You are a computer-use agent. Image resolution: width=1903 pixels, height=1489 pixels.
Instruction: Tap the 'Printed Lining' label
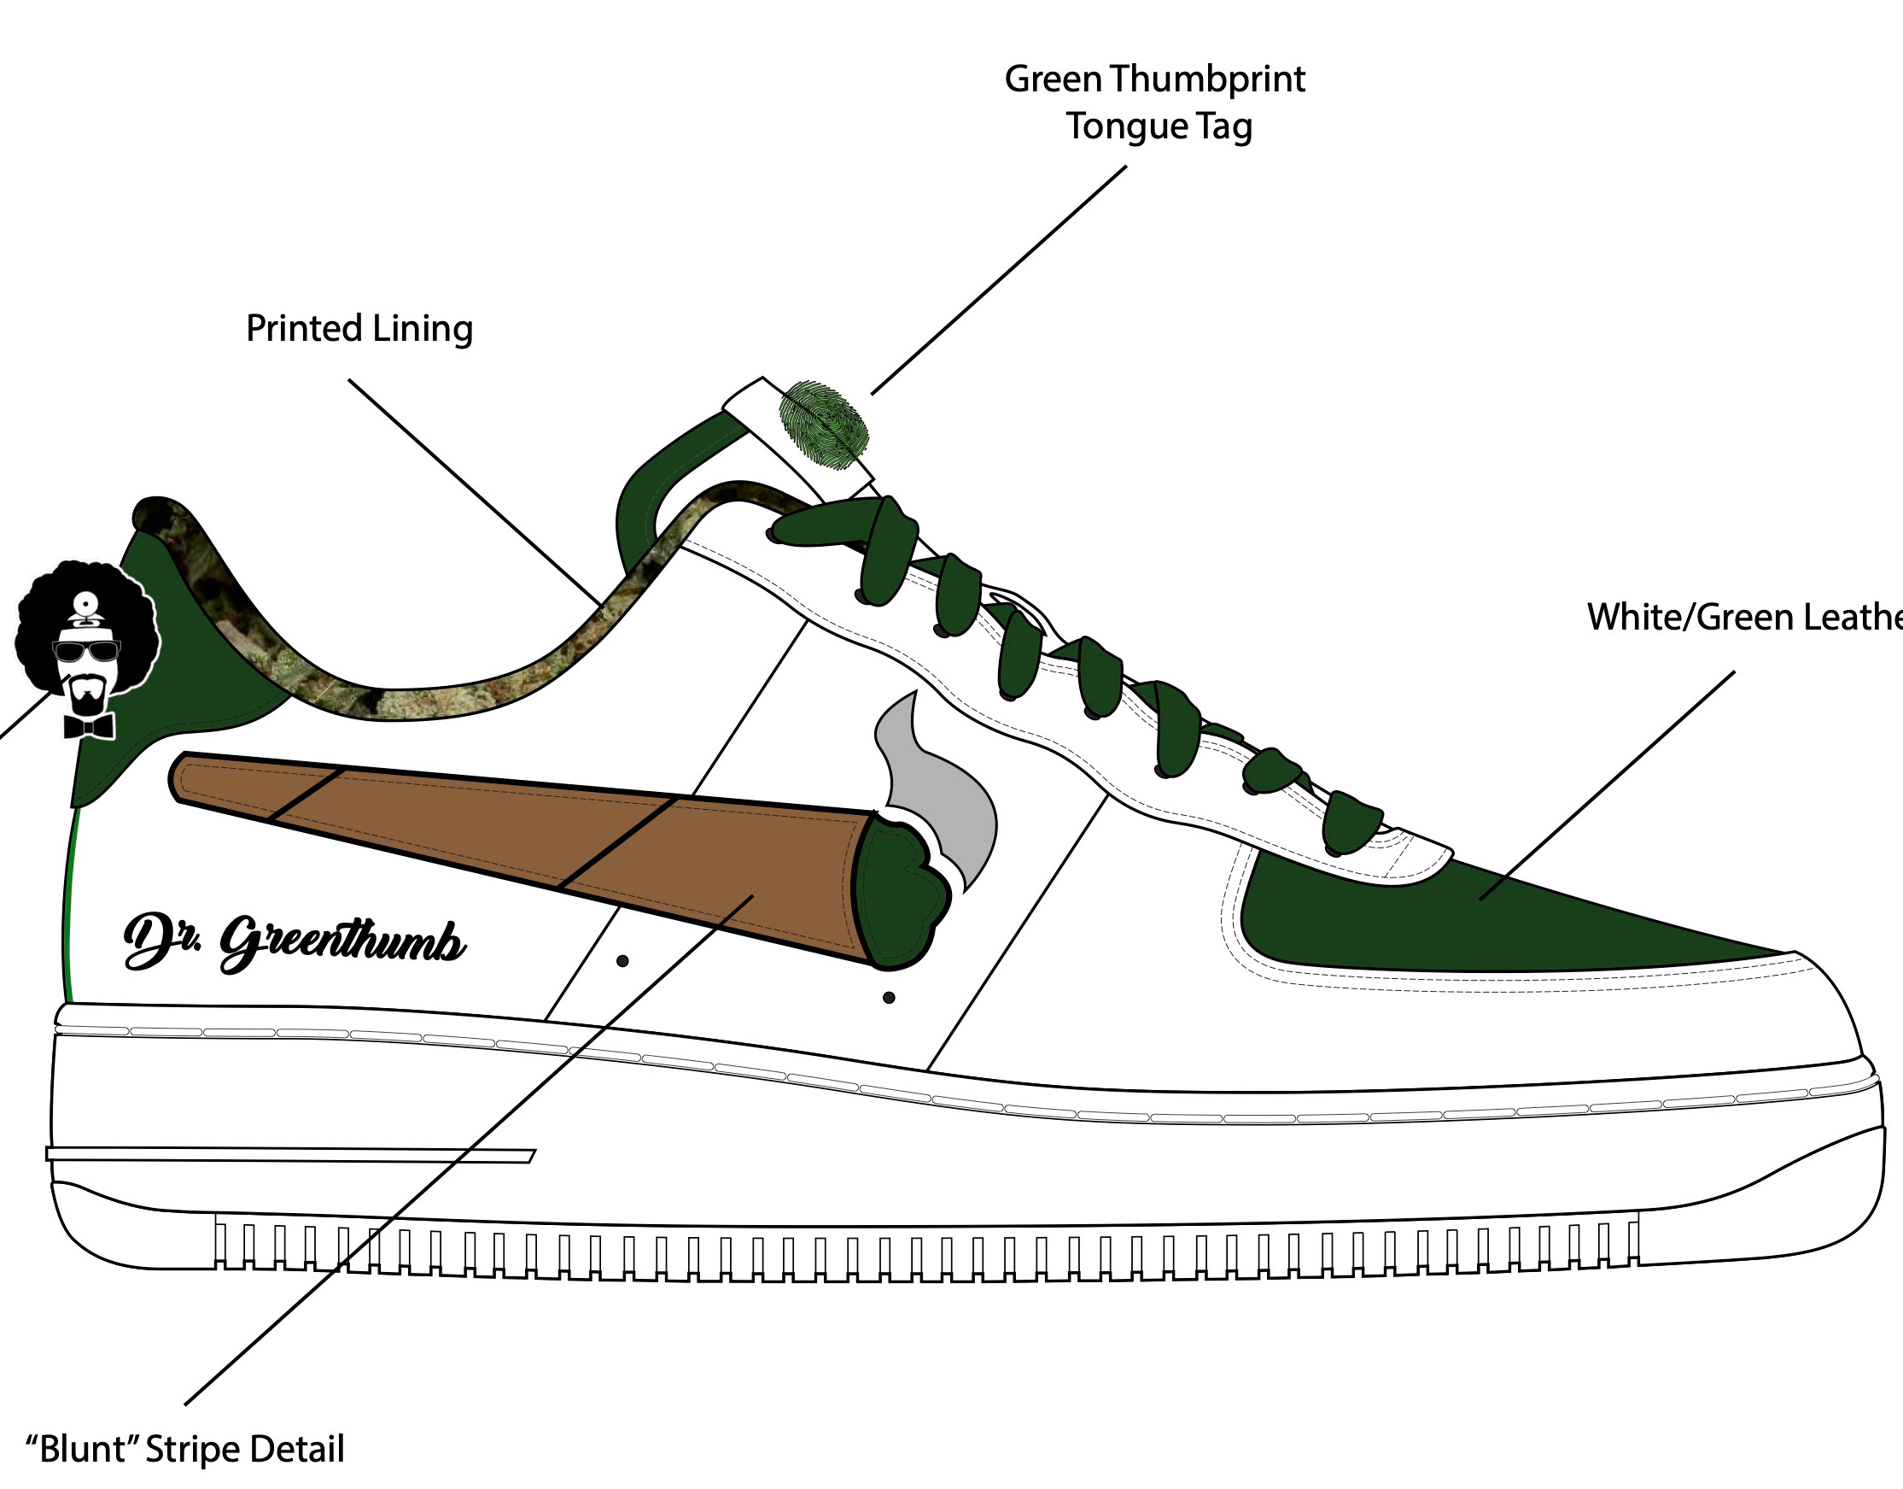point(359,329)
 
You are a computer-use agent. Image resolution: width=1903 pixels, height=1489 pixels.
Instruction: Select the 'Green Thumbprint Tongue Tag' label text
point(1155,102)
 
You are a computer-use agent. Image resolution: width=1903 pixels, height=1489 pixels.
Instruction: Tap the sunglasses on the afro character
point(86,651)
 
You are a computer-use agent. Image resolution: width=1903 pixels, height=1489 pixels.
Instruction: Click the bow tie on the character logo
point(89,725)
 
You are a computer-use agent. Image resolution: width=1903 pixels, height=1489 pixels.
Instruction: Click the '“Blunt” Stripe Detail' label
point(184,1450)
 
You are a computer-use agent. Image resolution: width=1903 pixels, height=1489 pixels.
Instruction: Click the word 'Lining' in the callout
point(422,329)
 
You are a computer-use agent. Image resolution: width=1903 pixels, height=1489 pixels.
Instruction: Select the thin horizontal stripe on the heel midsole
point(288,1155)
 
